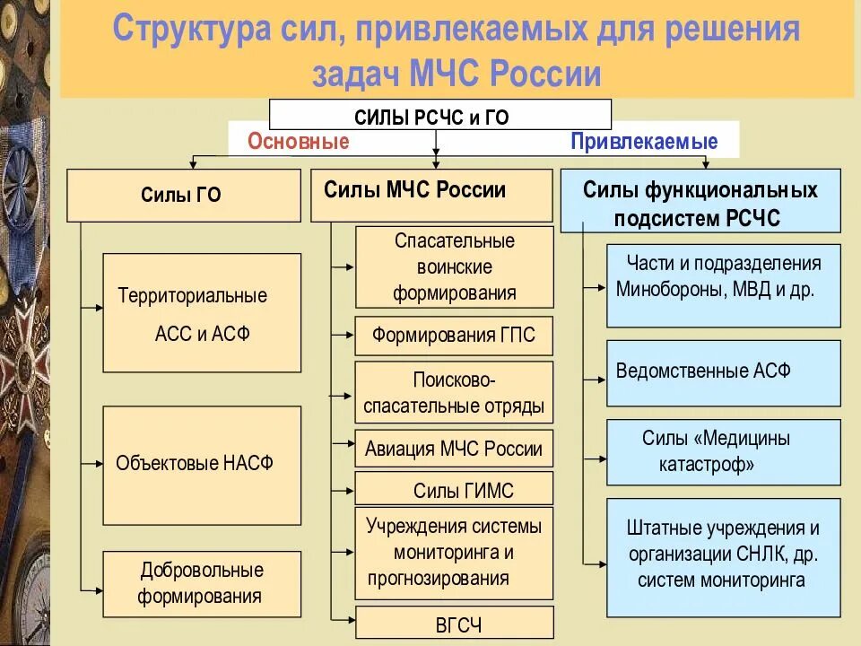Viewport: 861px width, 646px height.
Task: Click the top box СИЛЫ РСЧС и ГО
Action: [x=439, y=115]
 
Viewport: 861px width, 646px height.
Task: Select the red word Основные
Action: [x=298, y=141]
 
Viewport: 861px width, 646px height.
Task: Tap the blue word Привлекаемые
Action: [x=644, y=141]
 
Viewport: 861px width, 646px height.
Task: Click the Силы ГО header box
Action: [x=183, y=196]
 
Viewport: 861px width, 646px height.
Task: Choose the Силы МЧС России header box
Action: [x=431, y=195]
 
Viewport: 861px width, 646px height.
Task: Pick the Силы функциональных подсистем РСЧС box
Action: [x=700, y=202]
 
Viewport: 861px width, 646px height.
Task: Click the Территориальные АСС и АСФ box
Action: [x=202, y=313]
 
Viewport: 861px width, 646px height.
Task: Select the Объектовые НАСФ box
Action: [x=202, y=465]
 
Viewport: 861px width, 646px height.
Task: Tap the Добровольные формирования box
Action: [x=202, y=583]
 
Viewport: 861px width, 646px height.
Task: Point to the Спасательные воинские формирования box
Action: [x=454, y=266]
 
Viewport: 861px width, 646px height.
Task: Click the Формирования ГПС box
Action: [x=454, y=336]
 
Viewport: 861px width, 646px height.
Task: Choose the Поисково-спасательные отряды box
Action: [x=454, y=392]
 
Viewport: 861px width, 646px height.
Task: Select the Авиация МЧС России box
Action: [x=454, y=449]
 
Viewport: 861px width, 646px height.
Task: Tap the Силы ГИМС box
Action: [x=454, y=490]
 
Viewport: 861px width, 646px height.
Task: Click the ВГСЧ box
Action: [x=454, y=624]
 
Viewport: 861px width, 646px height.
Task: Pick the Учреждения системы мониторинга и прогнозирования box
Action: [x=454, y=553]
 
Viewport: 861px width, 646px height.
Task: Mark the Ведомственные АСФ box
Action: [x=723, y=372]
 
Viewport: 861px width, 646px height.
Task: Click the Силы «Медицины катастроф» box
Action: [x=723, y=451]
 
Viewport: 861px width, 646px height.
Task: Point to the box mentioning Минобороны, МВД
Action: [x=723, y=285]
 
